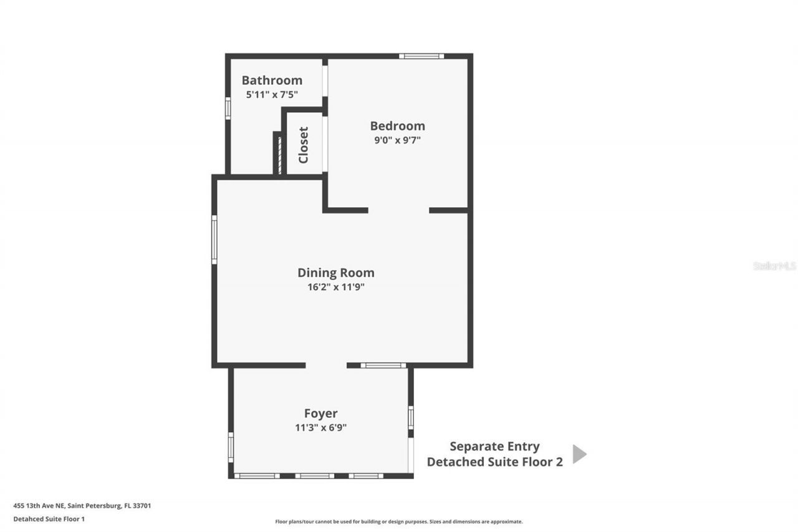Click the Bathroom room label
point(272,80)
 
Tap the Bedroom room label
point(397,126)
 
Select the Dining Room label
point(335,273)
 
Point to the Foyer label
point(320,414)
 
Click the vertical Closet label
point(304,145)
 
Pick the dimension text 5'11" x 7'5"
point(272,95)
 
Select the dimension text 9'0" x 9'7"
point(397,140)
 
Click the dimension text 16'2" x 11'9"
point(335,287)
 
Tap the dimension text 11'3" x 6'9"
point(320,428)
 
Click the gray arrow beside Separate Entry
point(579,454)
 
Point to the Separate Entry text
point(494,447)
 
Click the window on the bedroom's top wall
point(421,56)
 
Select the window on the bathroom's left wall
point(228,108)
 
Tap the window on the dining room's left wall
point(214,239)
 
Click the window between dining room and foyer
point(383,365)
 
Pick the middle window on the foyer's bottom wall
point(314,476)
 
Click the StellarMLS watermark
point(774,266)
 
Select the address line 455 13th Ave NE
point(82,506)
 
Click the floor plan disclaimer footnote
point(399,521)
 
